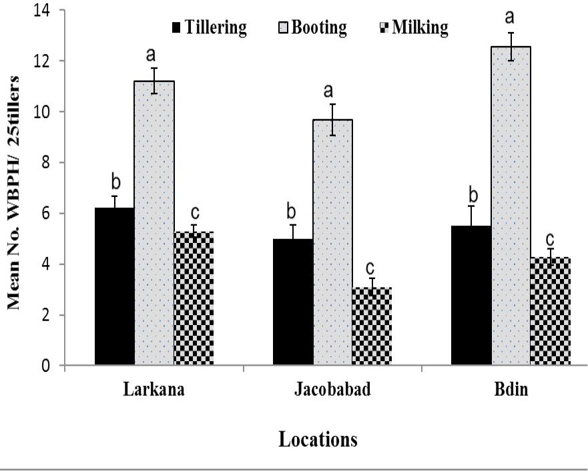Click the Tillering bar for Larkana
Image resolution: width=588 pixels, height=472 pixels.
point(114,286)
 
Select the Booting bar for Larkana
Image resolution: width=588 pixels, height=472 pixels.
point(154,223)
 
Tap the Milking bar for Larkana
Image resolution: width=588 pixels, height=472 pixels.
point(194,298)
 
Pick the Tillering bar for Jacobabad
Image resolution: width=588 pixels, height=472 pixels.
point(293,302)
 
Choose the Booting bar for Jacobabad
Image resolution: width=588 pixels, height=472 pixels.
point(332,242)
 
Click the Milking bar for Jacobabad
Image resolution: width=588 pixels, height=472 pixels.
point(372,326)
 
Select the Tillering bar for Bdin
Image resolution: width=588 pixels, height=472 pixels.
point(471,295)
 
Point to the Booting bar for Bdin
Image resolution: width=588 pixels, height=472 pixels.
point(511,206)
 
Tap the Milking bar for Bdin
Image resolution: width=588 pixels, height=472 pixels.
point(551,311)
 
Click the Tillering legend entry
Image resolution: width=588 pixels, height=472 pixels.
point(210,27)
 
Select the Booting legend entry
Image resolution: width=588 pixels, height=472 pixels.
point(313,27)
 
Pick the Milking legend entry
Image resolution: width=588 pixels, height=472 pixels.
point(414,27)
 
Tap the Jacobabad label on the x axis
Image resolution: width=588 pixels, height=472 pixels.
point(332,389)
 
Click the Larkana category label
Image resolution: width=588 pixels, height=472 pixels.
point(154,389)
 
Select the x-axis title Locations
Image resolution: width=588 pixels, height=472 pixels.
point(318,439)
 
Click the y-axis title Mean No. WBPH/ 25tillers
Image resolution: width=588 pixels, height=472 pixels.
point(13,193)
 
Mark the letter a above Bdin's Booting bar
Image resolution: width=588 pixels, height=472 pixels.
point(510,17)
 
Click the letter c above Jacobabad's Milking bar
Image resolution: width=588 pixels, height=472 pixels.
point(370,268)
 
